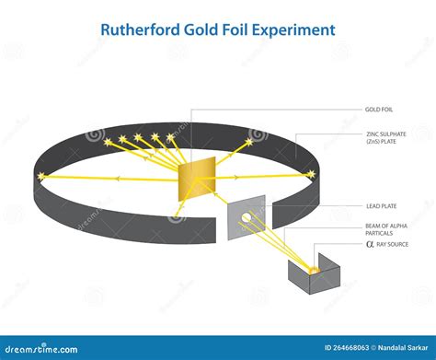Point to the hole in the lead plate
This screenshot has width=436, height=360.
(x=247, y=218)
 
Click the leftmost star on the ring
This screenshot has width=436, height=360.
(x=40, y=176)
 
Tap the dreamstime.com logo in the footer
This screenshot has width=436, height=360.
(x=41, y=348)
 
